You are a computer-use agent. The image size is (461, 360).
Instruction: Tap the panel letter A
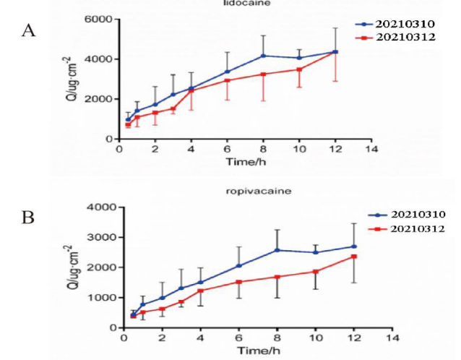point(30,30)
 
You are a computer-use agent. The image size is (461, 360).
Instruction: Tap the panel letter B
point(30,215)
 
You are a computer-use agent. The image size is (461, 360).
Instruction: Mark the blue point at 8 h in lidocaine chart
point(263,56)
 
